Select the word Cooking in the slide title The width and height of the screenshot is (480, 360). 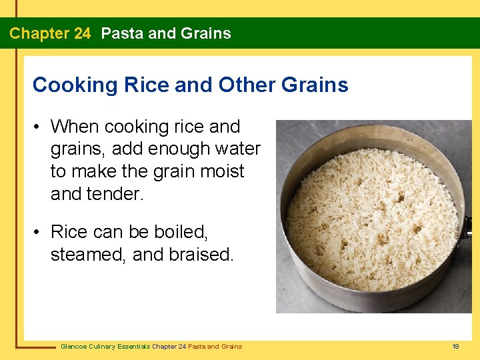65,85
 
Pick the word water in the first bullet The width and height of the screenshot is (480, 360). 237,149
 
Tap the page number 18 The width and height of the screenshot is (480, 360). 456,347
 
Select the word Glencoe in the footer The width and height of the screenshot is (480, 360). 73,347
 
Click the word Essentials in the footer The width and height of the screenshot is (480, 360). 133,347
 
